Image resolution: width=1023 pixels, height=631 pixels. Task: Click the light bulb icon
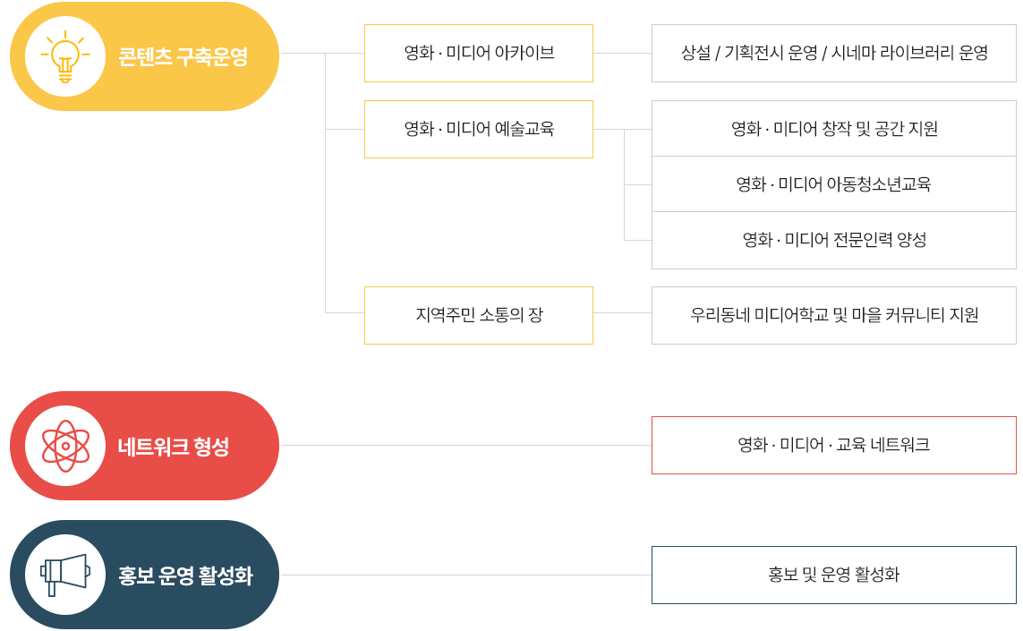point(65,56)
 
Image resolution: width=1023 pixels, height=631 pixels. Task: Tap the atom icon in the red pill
point(65,446)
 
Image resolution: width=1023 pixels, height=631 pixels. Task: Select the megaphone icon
point(65,575)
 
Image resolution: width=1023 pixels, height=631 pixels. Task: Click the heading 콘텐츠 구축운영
point(183,56)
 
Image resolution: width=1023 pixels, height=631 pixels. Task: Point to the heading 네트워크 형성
point(174,447)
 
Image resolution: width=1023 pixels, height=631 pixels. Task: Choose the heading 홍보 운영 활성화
point(185,576)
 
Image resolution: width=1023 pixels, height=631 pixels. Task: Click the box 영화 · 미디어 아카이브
point(479,54)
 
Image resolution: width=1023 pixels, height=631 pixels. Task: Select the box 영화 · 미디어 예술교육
point(479,129)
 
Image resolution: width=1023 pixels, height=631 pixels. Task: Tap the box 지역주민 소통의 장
point(479,315)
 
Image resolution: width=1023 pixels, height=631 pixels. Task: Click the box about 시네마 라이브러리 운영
point(834,54)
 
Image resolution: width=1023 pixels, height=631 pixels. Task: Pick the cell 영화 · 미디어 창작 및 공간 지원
point(834,129)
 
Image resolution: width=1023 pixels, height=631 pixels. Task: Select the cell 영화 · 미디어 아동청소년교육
point(834,184)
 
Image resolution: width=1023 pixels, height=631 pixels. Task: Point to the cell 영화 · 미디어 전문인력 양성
point(834,240)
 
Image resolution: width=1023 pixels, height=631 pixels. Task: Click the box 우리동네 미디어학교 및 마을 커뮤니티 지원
point(834,315)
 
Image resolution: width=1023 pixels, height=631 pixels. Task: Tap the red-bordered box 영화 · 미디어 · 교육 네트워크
point(834,445)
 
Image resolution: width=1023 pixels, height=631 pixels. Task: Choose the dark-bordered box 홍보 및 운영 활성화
point(834,575)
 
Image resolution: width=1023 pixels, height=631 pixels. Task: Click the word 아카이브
point(524,53)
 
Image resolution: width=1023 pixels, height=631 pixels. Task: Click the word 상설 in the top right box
point(695,53)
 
